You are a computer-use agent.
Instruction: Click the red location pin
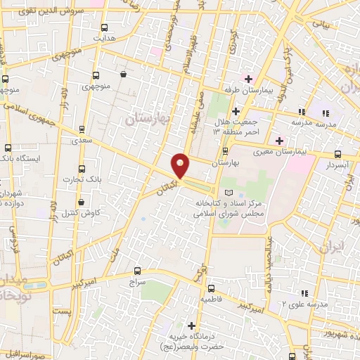coord(181,165)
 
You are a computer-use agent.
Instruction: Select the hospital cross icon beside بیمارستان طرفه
coord(247,78)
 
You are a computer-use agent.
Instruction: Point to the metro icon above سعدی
coord(82,129)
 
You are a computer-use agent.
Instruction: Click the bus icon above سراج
coord(136,270)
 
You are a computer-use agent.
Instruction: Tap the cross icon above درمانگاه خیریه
coord(191,326)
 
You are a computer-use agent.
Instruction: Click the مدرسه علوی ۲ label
coord(304,304)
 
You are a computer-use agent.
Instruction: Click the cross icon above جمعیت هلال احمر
coord(236,111)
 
